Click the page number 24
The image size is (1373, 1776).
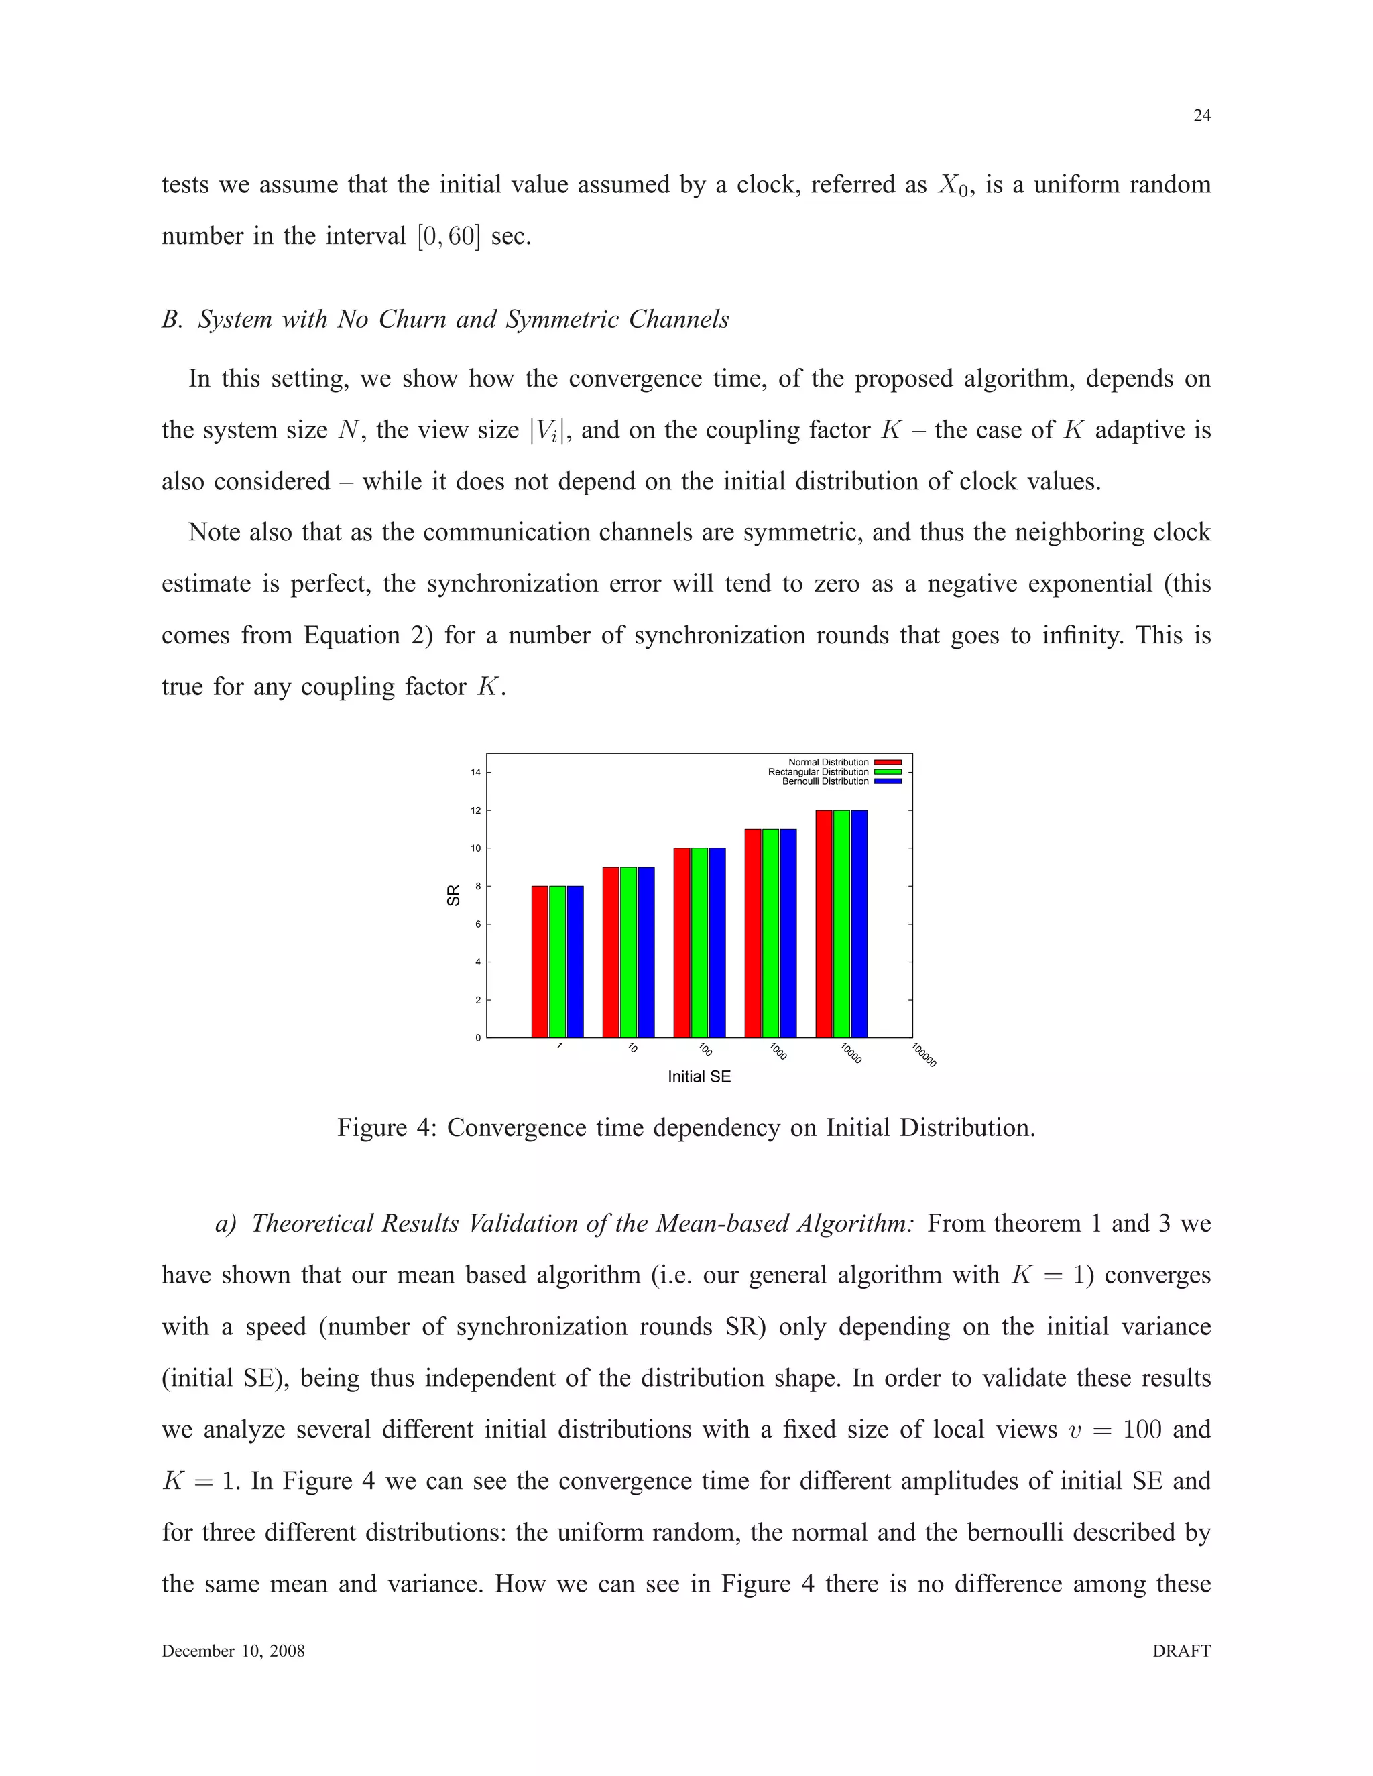click(1201, 115)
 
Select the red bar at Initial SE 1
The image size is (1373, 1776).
click(539, 961)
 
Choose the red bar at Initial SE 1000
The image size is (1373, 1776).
click(752, 933)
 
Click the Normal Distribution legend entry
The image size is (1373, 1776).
click(829, 762)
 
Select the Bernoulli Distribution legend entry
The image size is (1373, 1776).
click(825, 781)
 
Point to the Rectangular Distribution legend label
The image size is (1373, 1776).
click(819, 771)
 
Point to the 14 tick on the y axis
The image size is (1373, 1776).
click(476, 773)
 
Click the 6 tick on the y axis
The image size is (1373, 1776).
click(478, 924)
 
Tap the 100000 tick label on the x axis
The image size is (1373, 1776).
click(924, 1056)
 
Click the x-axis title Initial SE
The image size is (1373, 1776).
click(699, 1077)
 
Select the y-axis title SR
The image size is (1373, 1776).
click(454, 895)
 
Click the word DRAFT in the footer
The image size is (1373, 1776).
click(1181, 1651)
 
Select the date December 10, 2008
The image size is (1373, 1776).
click(233, 1651)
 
